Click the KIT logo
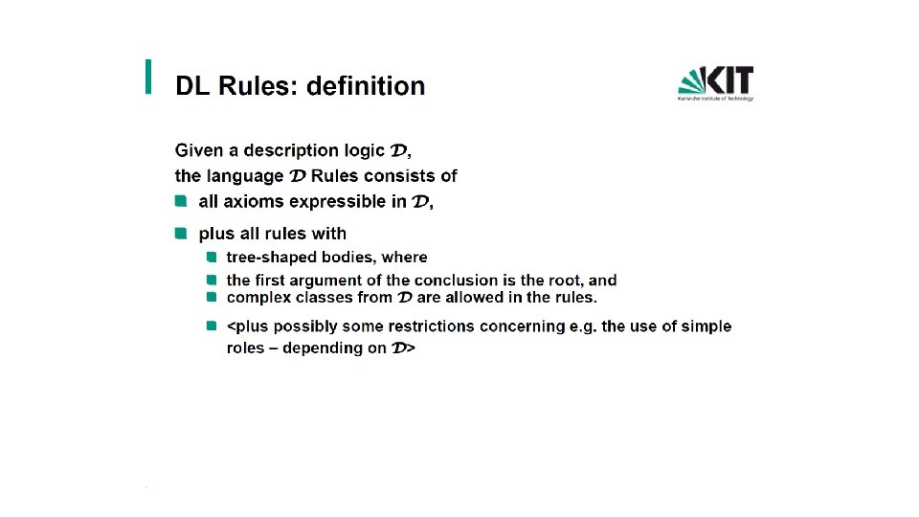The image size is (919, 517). [x=716, y=83]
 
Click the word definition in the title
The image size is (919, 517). [x=366, y=85]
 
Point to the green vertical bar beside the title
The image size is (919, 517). [x=148, y=77]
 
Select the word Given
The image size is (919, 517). [x=199, y=150]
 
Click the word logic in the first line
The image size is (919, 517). [x=364, y=150]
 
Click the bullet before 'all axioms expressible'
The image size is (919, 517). [x=181, y=202]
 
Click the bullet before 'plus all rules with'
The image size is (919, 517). [x=181, y=234]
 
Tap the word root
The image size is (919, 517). [x=565, y=281]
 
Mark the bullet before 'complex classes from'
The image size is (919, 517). [x=212, y=297]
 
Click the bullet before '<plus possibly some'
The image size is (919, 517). [x=212, y=326]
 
